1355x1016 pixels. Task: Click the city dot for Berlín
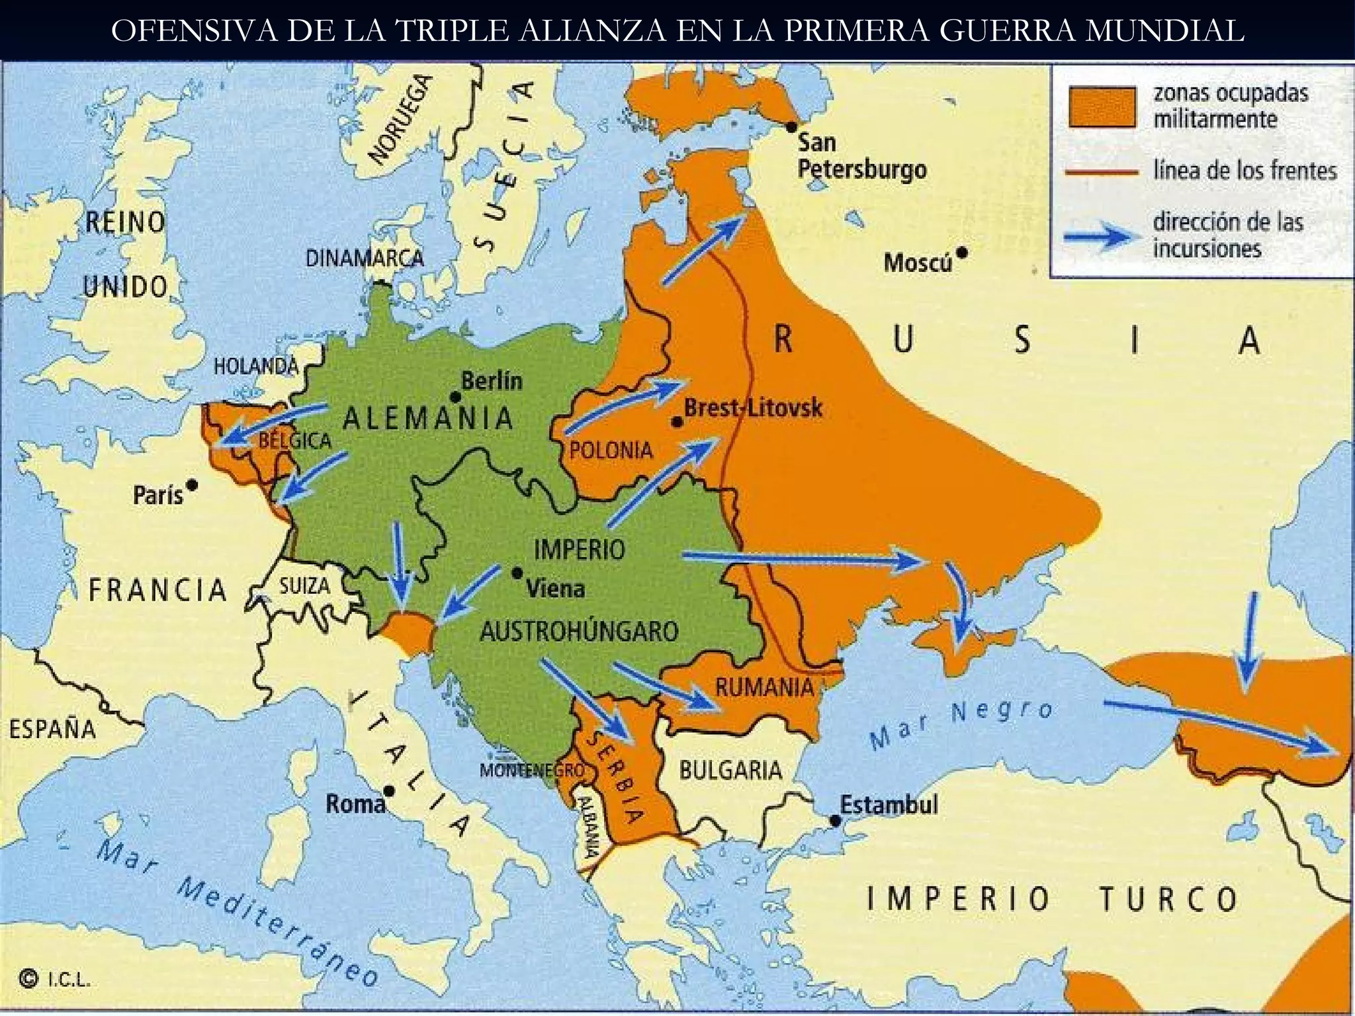(455, 397)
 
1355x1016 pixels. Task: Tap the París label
(157, 495)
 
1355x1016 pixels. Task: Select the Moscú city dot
(963, 253)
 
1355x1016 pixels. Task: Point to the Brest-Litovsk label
(753, 407)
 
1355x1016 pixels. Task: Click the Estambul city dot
(835, 821)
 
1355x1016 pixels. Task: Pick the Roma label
(355, 804)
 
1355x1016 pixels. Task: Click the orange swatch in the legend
(1102, 106)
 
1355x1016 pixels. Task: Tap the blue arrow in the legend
(1098, 235)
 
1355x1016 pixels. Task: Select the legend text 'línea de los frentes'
(1245, 171)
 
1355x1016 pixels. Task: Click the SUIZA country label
(304, 586)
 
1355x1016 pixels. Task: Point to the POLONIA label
(611, 450)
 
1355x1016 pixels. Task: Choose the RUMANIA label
(764, 687)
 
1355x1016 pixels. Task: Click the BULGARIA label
(730, 770)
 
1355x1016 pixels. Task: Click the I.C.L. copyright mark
(56, 980)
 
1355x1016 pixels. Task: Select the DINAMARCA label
(365, 258)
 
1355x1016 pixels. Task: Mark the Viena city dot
(517, 573)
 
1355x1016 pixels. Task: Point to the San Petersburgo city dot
(791, 126)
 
